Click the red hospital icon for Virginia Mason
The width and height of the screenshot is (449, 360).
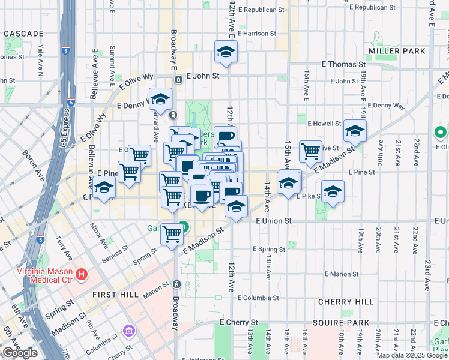click(83, 276)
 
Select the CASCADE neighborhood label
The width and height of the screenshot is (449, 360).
click(23, 34)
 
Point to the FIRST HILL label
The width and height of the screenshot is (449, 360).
click(116, 295)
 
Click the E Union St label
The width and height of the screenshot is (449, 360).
click(273, 221)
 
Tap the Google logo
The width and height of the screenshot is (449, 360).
click(20, 353)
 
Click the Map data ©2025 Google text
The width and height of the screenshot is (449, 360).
click(412, 355)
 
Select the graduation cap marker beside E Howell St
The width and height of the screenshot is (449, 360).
click(355, 131)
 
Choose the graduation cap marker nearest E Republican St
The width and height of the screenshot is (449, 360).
click(226, 52)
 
